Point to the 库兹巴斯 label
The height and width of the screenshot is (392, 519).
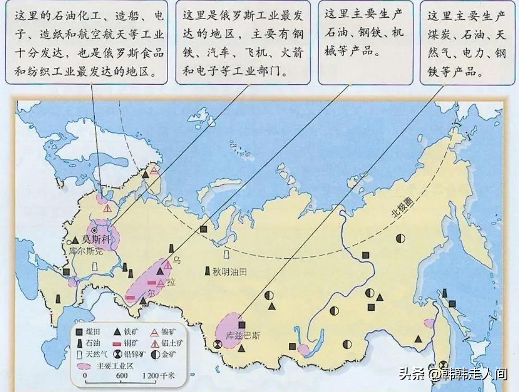[x=243, y=335]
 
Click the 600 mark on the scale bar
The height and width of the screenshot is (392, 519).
[x=121, y=376]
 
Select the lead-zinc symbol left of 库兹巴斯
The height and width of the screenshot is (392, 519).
[x=218, y=344]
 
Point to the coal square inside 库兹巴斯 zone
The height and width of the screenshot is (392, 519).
[x=242, y=325]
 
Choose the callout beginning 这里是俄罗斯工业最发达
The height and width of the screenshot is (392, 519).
[x=243, y=43]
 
